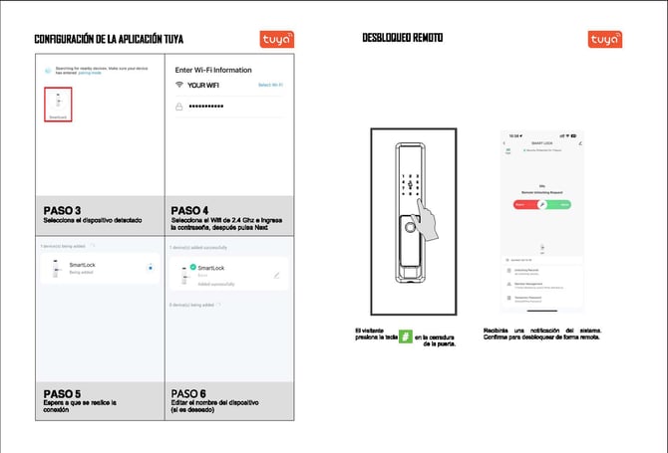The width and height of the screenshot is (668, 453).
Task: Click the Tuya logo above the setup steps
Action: tap(277, 39)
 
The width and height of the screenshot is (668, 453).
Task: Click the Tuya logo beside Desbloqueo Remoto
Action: tap(605, 39)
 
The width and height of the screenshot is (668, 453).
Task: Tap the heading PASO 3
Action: tap(62, 210)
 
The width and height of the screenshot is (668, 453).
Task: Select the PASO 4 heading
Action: tap(189, 210)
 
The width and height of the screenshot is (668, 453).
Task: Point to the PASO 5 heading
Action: tap(62, 392)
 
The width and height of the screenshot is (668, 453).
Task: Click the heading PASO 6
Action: tap(189, 392)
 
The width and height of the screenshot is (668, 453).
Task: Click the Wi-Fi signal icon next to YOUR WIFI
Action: tap(179, 86)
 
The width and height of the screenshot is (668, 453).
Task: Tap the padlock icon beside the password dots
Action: tap(179, 106)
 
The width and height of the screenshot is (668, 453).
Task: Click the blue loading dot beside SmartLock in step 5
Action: tap(150, 267)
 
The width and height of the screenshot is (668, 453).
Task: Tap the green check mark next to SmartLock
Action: tap(192, 267)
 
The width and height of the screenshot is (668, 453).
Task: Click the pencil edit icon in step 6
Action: tap(276, 275)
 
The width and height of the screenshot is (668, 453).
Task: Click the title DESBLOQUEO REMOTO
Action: tap(402, 38)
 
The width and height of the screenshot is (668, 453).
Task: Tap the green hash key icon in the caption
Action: tap(405, 337)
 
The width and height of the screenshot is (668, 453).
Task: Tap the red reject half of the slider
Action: tap(523, 204)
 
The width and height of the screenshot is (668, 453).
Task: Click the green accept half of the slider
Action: tap(560, 204)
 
